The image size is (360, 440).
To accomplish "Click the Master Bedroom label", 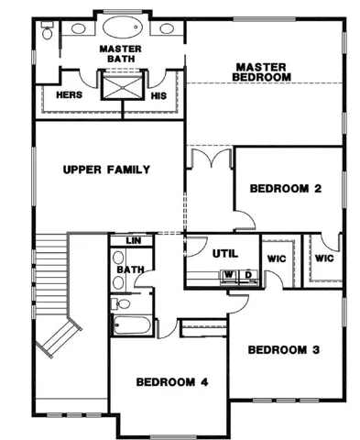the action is pyautogui.click(x=261, y=72).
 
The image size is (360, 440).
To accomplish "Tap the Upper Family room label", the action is pyautogui.click(x=106, y=170).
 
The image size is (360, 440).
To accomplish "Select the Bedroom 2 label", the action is pyautogui.click(x=286, y=189).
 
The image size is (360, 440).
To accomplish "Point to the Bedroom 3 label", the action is pyautogui.click(x=284, y=349).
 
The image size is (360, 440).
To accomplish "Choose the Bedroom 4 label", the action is pyautogui.click(x=172, y=382).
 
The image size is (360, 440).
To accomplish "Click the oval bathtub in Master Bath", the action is pyautogui.click(x=123, y=27).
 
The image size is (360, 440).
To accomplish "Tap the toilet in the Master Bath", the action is pyautogui.click(x=47, y=30).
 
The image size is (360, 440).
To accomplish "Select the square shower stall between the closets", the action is pyautogui.click(x=123, y=88).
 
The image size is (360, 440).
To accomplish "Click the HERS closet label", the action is pyautogui.click(x=70, y=95).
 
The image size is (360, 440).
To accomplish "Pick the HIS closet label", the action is pyautogui.click(x=158, y=96).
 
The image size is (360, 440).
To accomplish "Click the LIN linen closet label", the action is pyautogui.click(x=134, y=241).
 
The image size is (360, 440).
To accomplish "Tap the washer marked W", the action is pyautogui.click(x=229, y=276).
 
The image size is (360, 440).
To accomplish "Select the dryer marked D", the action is pyautogui.click(x=248, y=276).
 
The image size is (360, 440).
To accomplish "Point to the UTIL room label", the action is pyautogui.click(x=225, y=254).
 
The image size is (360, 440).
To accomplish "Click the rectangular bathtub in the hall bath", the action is pyautogui.click(x=132, y=325).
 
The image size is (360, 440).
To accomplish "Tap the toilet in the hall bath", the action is pyautogui.click(x=121, y=303).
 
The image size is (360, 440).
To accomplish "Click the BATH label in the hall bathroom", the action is pyautogui.click(x=131, y=269).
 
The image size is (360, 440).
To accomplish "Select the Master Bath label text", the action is pyautogui.click(x=121, y=54).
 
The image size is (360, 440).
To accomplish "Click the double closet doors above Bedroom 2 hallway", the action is pyautogui.click(x=211, y=158).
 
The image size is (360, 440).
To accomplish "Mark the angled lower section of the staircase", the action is pyautogui.click(x=59, y=336).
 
